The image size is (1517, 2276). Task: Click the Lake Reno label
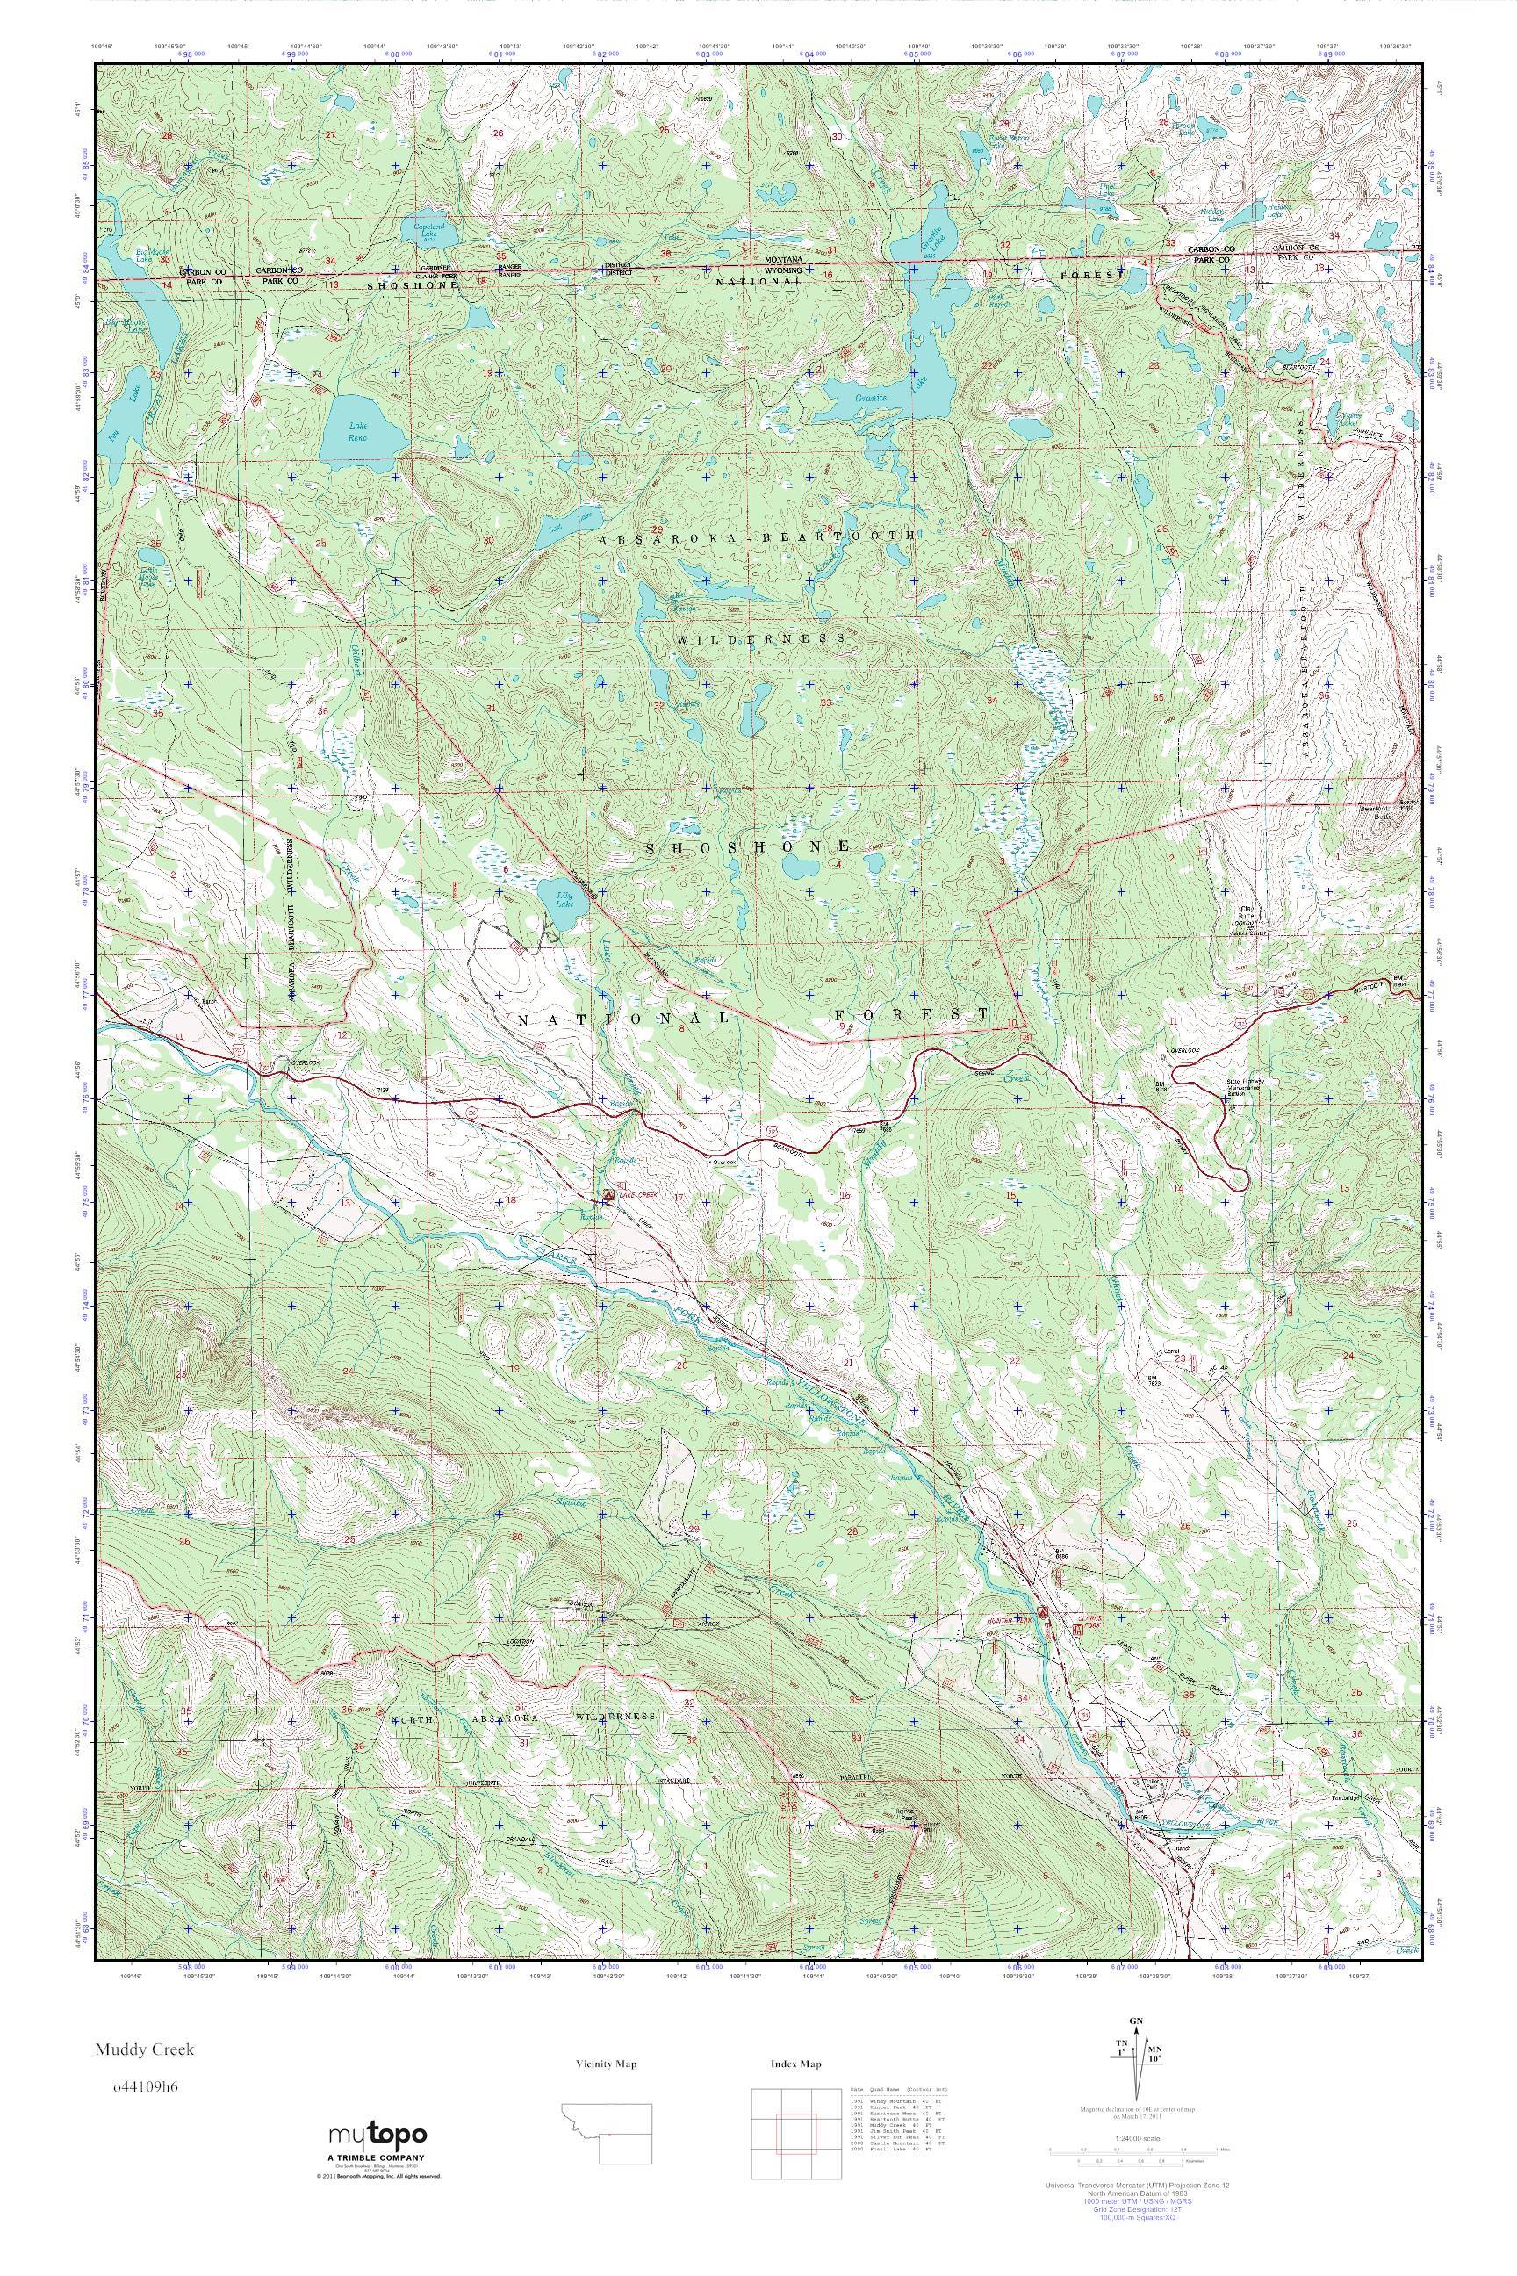pos(358,430)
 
